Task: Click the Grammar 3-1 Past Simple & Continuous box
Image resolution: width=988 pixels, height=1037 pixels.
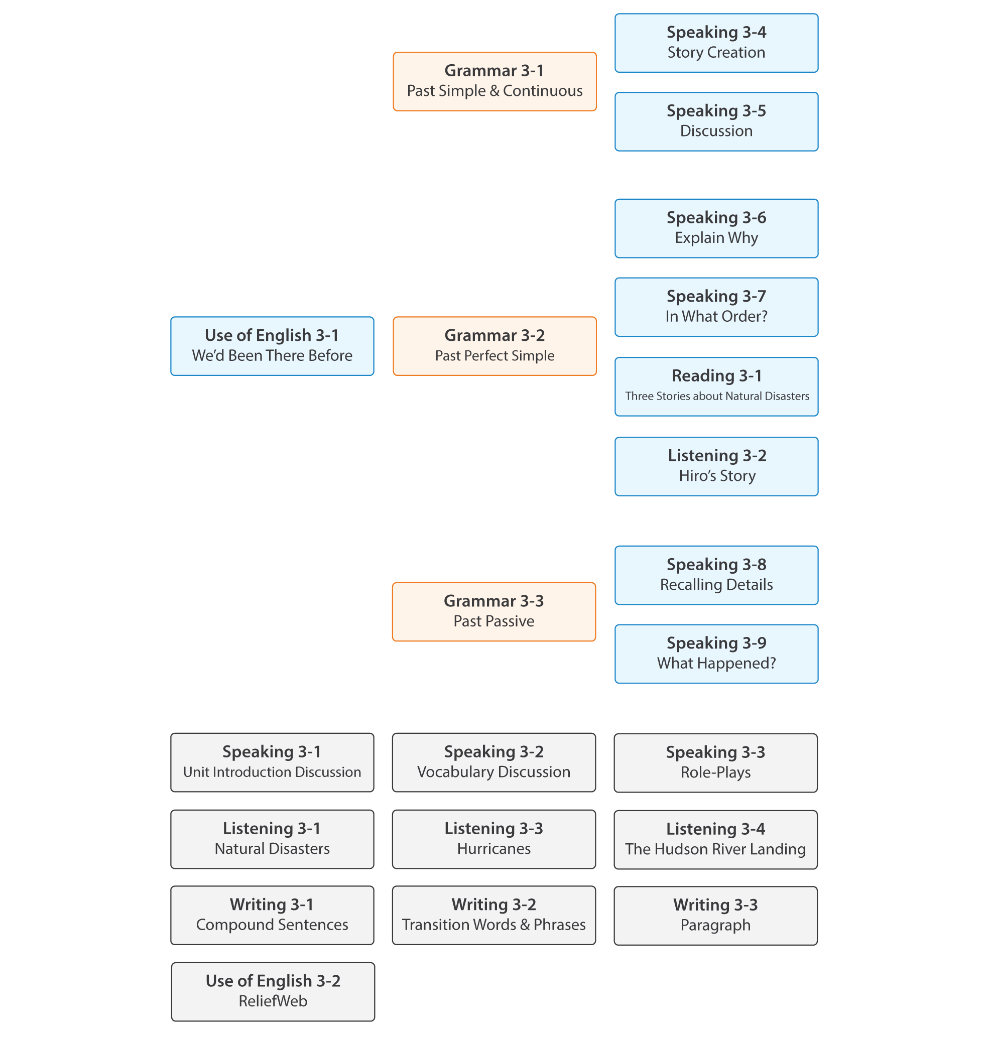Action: tap(495, 81)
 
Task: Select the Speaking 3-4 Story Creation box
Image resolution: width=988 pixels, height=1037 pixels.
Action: tap(716, 43)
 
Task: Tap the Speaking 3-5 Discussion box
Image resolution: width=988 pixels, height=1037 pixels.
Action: tap(716, 121)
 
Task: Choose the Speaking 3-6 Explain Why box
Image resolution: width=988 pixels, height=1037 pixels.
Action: tap(716, 228)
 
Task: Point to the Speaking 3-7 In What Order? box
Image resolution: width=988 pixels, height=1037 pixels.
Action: tap(716, 307)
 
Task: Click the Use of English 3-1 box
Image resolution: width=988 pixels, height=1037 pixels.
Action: tap(272, 345)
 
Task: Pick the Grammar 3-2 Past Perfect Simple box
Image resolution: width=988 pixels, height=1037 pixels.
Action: tap(495, 345)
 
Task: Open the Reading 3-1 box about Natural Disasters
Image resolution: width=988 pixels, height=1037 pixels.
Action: tap(716, 386)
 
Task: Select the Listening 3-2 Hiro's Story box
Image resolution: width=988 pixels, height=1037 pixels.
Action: tap(716, 466)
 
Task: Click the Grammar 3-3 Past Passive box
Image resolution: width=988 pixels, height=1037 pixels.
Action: tap(494, 611)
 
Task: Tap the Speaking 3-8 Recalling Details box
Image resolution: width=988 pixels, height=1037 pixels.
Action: tap(716, 575)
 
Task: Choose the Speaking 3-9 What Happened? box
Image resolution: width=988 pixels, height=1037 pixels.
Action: tap(716, 653)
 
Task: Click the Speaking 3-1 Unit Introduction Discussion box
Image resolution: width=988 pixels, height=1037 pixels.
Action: tap(272, 761)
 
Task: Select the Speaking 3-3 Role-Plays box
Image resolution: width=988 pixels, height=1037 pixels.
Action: tap(716, 762)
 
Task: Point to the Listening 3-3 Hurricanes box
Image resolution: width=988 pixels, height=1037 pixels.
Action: tap(494, 838)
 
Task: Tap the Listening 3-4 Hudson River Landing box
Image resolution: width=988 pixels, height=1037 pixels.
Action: tap(716, 839)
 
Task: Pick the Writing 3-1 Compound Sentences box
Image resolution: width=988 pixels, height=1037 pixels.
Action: tap(272, 915)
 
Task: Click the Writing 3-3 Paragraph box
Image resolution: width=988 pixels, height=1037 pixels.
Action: tap(716, 916)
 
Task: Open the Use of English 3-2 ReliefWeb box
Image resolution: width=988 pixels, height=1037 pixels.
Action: tap(273, 991)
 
